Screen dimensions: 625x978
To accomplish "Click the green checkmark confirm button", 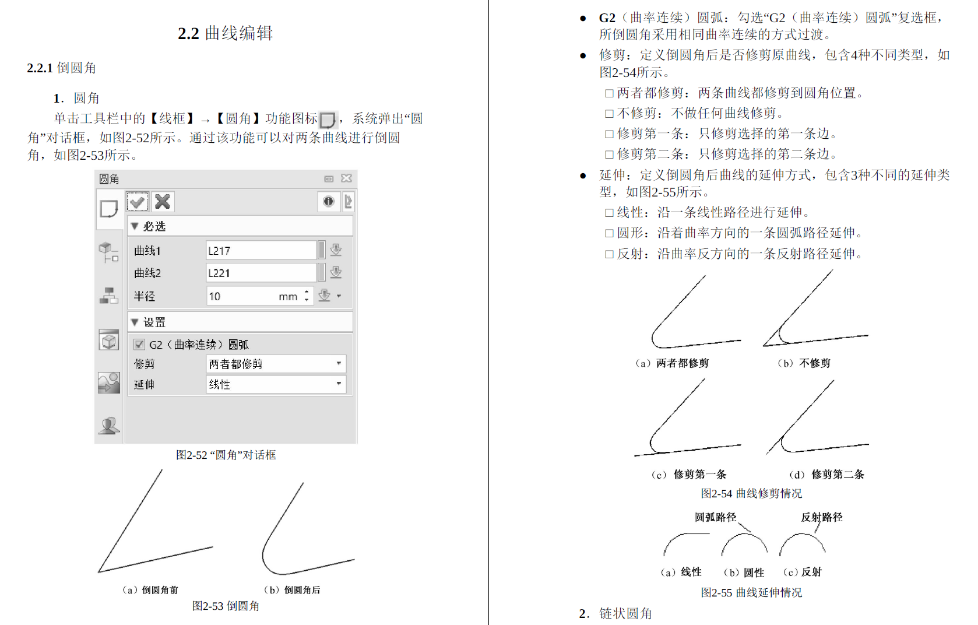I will (x=138, y=202).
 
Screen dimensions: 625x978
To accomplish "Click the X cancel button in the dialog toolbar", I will (x=163, y=202).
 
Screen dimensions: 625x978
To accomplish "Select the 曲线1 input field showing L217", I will (x=261, y=251).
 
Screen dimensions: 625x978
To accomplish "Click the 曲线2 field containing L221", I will (x=261, y=273).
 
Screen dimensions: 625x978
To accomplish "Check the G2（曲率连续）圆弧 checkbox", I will (x=139, y=345).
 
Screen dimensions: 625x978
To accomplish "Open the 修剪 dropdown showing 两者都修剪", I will (x=276, y=364).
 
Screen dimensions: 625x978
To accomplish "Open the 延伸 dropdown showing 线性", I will (x=276, y=384).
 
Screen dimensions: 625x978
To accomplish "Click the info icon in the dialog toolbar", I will (x=329, y=202).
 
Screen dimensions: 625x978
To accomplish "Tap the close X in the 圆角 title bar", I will (x=347, y=178).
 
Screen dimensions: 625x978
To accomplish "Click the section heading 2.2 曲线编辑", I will (x=226, y=33).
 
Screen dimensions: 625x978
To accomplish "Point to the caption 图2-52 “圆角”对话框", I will (x=226, y=455).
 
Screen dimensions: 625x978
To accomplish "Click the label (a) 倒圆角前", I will (x=150, y=590).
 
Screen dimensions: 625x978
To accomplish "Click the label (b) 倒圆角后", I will (x=292, y=590).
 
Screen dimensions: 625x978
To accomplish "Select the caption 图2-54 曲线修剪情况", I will (x=751, y=494).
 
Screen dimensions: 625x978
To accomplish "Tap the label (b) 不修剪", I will (x=804, y=363).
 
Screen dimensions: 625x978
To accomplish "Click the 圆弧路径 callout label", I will (x=715, y=517).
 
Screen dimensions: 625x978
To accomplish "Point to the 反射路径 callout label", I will (x=821, y=517).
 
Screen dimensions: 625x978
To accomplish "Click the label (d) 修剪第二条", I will (x=826, y=475).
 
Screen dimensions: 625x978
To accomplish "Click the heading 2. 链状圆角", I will (x=615, y=613).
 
